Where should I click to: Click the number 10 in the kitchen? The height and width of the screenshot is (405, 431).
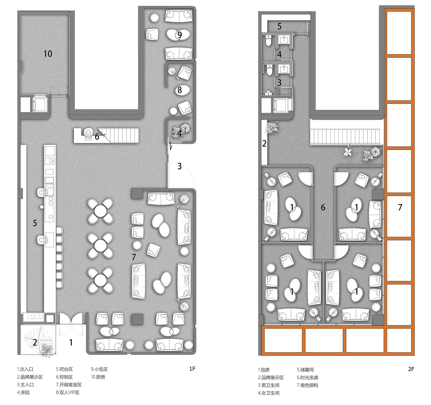click(x=48, y=54)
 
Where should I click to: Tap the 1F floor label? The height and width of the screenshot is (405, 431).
click(x=192, y=369)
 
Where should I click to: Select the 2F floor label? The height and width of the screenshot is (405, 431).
click(x=411, y=369)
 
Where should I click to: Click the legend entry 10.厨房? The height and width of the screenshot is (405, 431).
click(x=98, y=377)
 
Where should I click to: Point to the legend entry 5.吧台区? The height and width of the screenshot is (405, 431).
click(x=64, y=369)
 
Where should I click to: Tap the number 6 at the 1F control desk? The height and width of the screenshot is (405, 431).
click(x=97, y=137)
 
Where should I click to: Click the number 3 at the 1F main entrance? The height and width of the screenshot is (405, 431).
click(x=179, y=166)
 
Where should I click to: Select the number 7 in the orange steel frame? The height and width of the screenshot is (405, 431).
click(x=400, y=207)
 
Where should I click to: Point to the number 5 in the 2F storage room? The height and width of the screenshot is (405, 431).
click(x=279, y=26)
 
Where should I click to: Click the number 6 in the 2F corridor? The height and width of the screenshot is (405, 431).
click(x=323, y=207)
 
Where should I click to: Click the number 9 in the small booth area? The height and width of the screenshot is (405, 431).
click(x=179, y=35)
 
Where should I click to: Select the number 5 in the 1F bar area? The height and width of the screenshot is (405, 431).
click(x=35, y=223)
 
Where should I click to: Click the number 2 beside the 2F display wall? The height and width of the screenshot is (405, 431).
click(x=264, y=144)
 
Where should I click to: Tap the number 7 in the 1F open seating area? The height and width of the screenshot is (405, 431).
click(x=134, y=257)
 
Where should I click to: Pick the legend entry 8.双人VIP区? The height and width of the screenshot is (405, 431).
click(x=68, y=392)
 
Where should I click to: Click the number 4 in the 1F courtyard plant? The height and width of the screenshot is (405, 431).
click(x=180, y=133)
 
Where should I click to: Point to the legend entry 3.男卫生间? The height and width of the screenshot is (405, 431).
click(x=269, y=385)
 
